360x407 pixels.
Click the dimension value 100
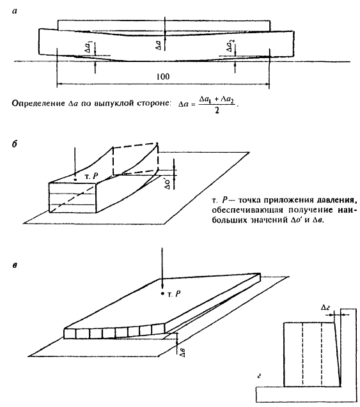tap(163, 77)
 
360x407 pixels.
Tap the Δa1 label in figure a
tap(89, 47)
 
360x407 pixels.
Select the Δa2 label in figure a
tap(230, 45)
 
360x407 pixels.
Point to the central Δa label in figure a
tap(159, 45)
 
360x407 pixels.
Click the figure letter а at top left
tap(15, 11)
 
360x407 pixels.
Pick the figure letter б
tap(15, 144)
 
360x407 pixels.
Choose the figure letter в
tap(15, 265)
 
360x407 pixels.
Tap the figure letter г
tap(259, 375)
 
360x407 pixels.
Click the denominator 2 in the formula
tap(217, 111)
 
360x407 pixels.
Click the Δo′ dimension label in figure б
tap(168, 183)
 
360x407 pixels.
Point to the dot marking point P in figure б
tap(75, 180)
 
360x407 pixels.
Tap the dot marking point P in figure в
tap(162, 293)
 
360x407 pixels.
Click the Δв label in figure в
tap(183, 352)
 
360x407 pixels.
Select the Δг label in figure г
tap(325, 308)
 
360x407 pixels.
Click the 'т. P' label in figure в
tap(174, 294)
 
